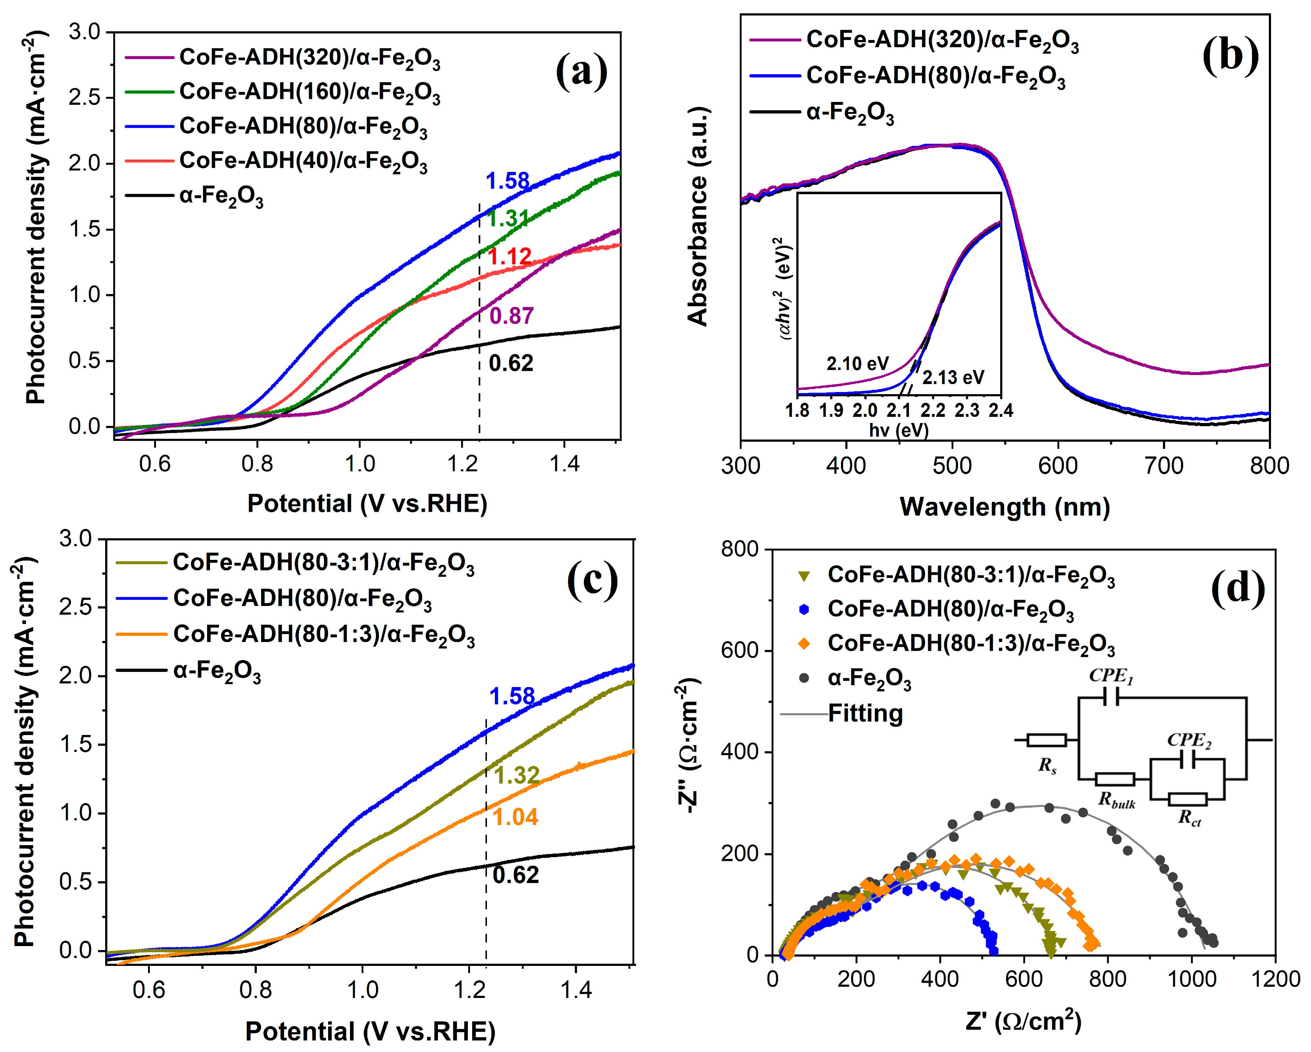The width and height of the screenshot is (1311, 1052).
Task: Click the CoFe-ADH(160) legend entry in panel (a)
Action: click(x=309, y=92)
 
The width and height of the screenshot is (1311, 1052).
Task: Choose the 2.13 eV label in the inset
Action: click(x=953, y=378)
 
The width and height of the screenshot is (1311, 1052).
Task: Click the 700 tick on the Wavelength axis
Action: click(x=1163, y=466)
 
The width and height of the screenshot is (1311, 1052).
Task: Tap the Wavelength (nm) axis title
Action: click(x=1004, y=507)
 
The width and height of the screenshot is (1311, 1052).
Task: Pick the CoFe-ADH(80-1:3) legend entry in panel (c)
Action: click(x=323, y=635)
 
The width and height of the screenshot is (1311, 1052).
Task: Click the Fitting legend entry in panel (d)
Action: click(x=865, y=713)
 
